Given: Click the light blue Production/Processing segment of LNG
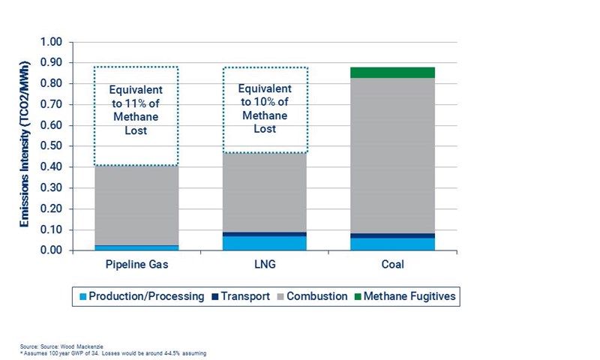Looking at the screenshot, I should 265,243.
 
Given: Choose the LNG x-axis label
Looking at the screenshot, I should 265,265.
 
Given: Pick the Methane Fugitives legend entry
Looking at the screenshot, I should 404,296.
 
